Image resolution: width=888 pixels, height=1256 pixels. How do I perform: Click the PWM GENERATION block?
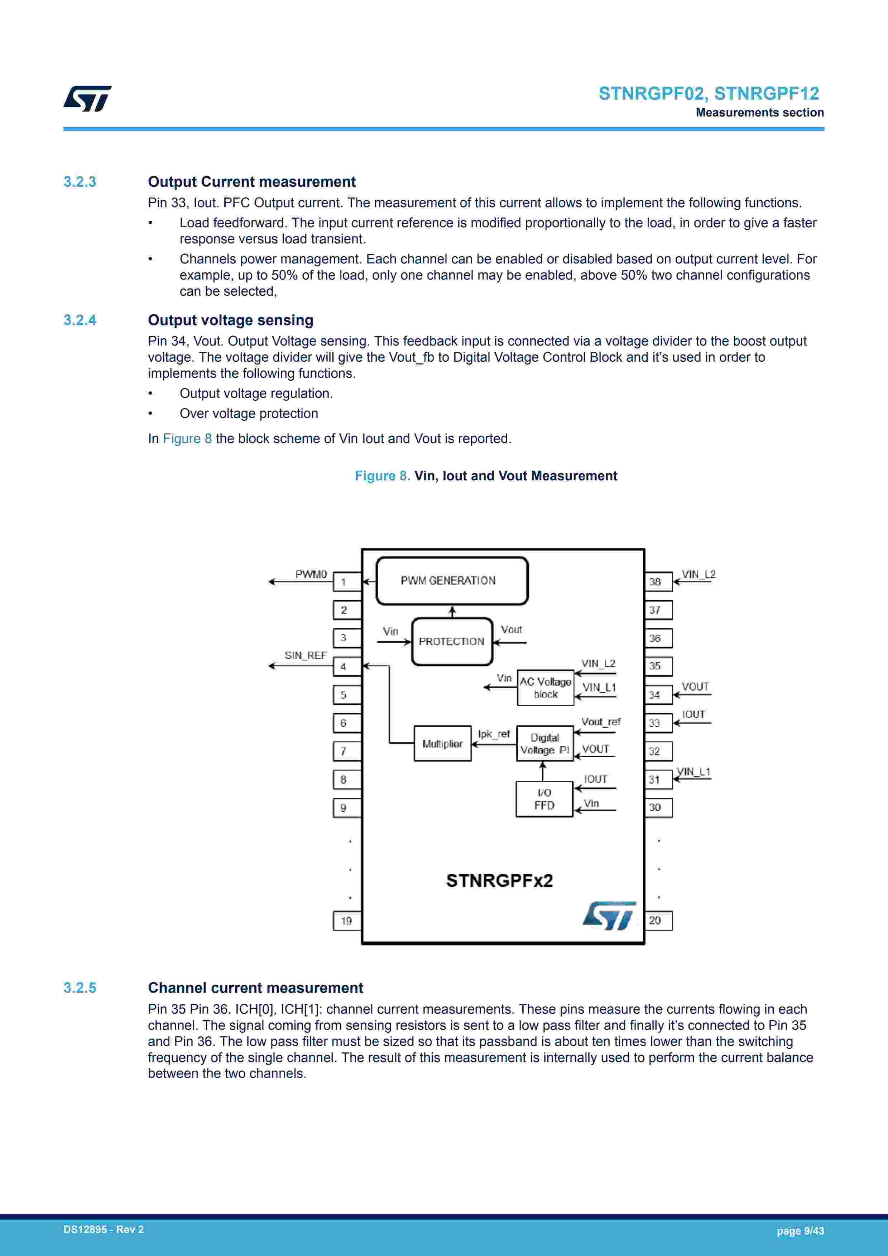pos(452,581)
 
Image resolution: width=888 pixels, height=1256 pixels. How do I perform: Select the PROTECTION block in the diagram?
pos(452,642)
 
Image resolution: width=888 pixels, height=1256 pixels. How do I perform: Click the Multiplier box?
pos(442,743)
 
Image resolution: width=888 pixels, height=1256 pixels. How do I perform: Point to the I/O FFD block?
pos(544,799)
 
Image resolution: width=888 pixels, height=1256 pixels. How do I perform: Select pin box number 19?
pos(347,920)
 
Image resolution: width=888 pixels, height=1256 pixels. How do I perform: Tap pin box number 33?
pos(658,723)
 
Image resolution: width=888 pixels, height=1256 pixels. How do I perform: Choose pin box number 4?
pos(347,667)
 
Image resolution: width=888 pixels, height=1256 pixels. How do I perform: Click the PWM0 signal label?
pos(311,574)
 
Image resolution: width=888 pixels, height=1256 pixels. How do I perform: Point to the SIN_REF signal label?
pos(305,655)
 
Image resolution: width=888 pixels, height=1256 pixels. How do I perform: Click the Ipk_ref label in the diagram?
pos(494,734)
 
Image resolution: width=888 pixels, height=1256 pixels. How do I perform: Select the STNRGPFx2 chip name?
pos(499,881)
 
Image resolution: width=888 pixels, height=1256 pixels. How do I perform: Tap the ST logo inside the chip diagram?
pos(609,915)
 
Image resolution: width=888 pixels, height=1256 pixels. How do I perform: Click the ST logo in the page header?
pos(87,99)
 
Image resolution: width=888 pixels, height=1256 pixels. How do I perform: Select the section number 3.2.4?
pos(80,320)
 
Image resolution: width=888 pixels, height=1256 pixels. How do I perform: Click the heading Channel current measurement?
pos(255,988)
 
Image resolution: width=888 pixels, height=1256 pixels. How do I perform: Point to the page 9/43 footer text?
pos(800,1231)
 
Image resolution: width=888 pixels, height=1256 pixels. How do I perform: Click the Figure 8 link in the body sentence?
pos(187,439)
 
